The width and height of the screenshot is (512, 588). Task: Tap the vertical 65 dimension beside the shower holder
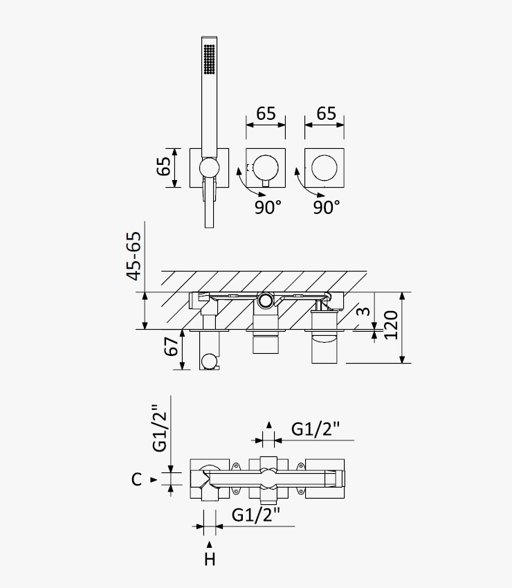[x=164, y=166]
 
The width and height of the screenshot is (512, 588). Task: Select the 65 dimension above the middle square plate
[x=266, y=114]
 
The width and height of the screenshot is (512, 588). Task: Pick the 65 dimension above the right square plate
[x=326, y=114]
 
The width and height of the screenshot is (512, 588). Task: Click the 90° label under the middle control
[x=268, y=207]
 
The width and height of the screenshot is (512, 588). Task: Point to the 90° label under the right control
[x=327, y=207]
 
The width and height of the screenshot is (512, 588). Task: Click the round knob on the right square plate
[x=324, y=168]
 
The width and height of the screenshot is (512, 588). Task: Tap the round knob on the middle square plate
[x=266, y=168]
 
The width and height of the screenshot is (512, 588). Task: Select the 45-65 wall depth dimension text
[x=134, y=256]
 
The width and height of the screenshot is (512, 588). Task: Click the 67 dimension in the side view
[x=171, y=346]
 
